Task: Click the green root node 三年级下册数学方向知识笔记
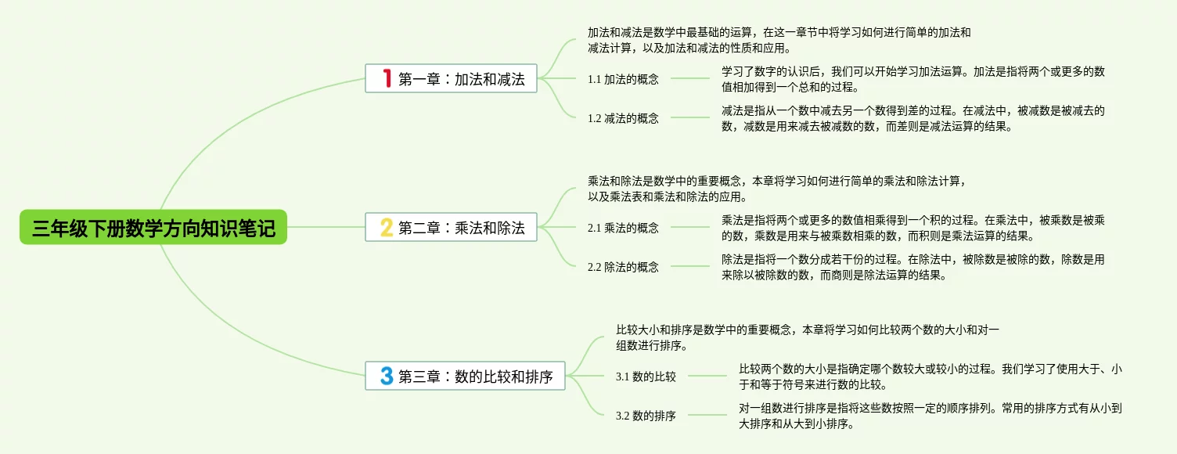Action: (x=153, y=229)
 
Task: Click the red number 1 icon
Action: (x=386, y=78)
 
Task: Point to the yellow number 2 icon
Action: (x=386, y=228)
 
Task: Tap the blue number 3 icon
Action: (x=386, y=377)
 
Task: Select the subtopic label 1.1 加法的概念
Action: (x=623, y=79)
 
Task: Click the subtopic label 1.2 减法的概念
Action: (x=623, y=118)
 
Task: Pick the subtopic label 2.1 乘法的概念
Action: (x=623, y=228)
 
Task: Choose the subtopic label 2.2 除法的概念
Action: (x=623, y=267)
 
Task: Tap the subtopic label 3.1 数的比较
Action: (x=646, y=377)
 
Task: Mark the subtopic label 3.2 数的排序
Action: (x=646, y=416)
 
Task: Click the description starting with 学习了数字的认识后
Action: (x=912, y=79)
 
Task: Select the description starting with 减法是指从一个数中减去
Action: (x=912, y=118)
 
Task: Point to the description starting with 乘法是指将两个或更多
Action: (x=912, y=228)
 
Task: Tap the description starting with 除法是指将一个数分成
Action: (x=912, y=267)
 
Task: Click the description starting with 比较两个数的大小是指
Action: (x=931, y=377)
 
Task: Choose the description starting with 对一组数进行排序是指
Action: (x=931, y=416)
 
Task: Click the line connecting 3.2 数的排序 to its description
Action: (x=707, y=415)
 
